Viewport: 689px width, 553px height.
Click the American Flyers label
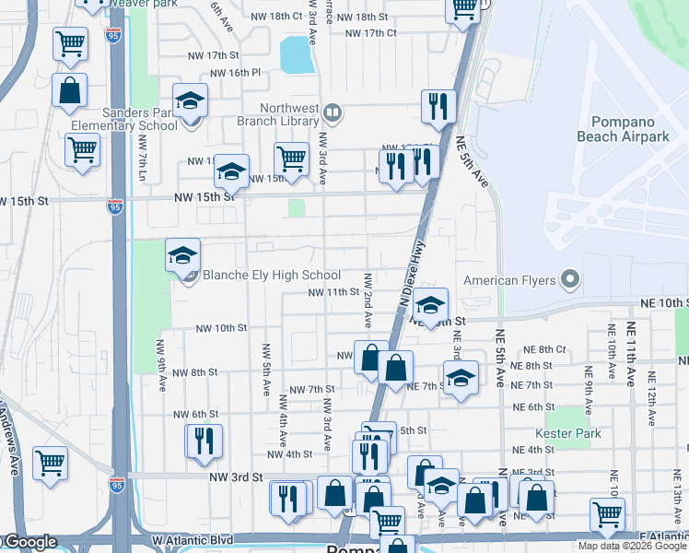coord(509,280)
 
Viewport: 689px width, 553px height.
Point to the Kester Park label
coord(568,433)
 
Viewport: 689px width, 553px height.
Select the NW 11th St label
coord(333,292)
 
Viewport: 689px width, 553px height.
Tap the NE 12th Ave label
coord(651,397)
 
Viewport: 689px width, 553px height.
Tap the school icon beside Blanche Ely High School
coord(182,254)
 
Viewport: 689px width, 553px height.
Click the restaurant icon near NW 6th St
coord(204,441)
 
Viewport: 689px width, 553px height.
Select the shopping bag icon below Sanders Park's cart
coord(70,90)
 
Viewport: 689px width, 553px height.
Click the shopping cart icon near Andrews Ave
coord(49,463)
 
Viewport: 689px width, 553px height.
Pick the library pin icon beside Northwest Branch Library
coord(333,114)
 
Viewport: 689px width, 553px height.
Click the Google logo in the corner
coord(29,543)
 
